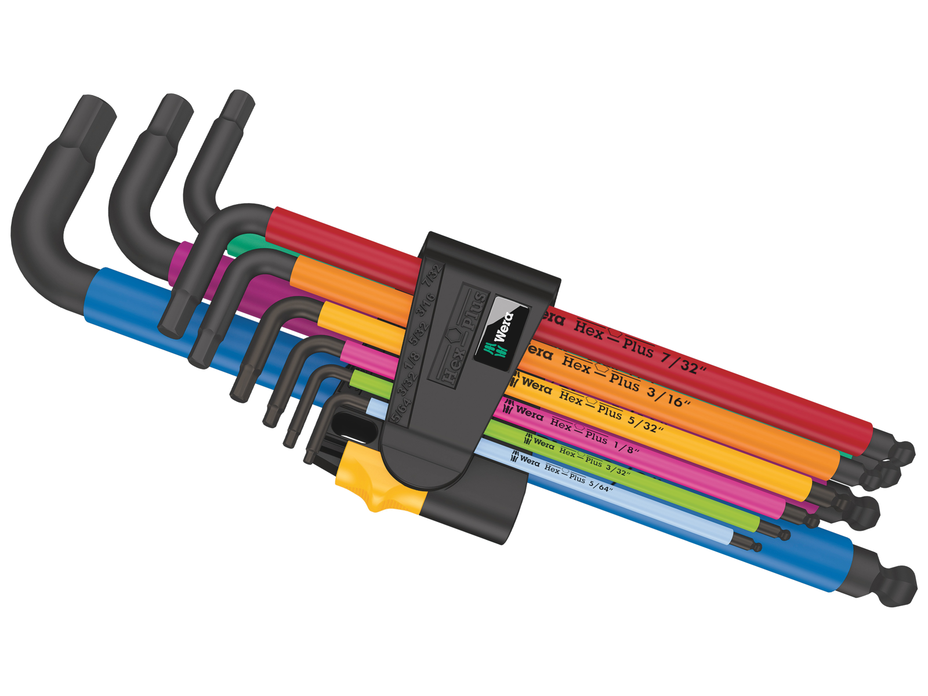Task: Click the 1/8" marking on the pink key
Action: [x=625, y=447]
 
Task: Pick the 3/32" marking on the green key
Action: [x=617, y=469]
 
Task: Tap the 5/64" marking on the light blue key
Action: [x=600, y=485]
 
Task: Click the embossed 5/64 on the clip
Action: [x=400, y=409]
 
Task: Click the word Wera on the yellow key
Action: [x=536, y=385]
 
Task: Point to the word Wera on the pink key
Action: [x=529, y=413]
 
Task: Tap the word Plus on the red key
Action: [x=638, y=347]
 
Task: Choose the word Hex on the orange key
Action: [x=576, y=364]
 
